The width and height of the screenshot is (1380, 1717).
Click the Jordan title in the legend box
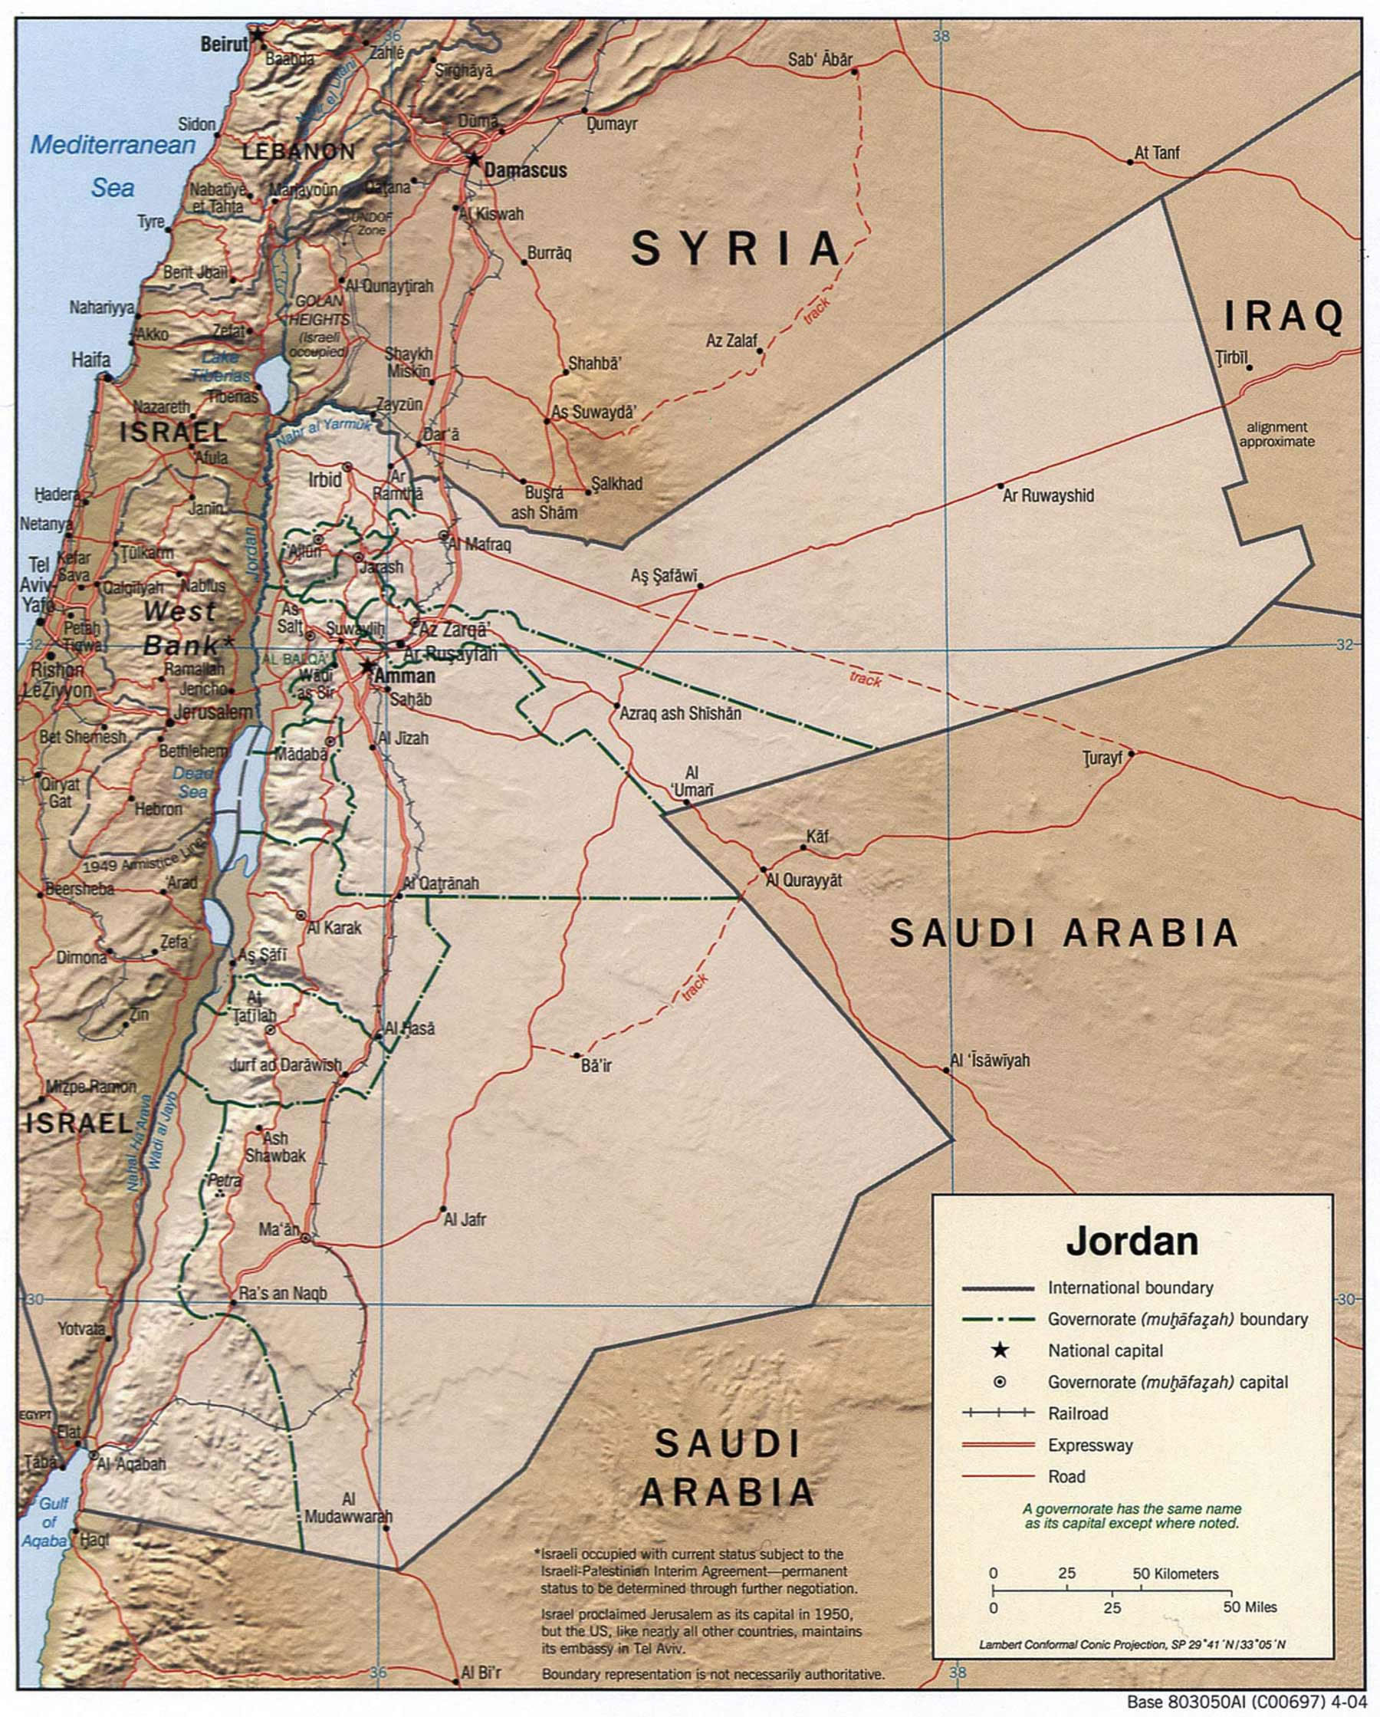point(1132,1242)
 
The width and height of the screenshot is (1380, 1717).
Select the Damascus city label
point(526,170)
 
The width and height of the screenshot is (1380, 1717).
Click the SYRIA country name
point(736,248)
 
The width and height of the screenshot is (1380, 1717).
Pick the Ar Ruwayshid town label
point(1048,496)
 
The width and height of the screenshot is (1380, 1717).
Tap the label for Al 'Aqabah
point(130,1464)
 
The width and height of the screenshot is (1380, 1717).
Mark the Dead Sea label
point(192,782)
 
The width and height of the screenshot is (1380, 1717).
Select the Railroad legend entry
point(1078,1413)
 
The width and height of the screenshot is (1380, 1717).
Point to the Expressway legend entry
point(1089,1446)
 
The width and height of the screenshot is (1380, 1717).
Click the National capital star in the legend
point(1001,1350)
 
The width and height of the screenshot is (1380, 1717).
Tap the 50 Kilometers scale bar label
point(1175,1574)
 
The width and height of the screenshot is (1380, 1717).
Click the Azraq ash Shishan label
point(680,713)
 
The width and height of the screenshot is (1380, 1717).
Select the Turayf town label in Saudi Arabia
point(1103,758)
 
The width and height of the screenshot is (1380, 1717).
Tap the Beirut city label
point(224,44)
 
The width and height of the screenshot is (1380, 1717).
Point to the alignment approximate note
point(1276,434)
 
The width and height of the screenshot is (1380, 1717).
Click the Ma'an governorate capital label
point(279,1230)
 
